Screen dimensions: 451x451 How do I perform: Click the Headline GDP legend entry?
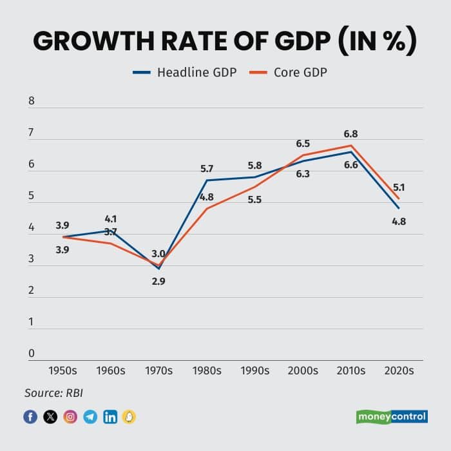click(184, 72)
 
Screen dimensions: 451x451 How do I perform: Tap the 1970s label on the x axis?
click(158, 370)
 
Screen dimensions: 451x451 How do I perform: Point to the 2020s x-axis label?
click(398, 370)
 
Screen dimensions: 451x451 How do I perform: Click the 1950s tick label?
click(62, 370)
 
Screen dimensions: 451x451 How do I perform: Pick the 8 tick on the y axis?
click(32, 101)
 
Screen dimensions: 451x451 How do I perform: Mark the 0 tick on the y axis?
click(32, 353)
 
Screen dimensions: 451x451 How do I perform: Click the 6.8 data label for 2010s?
click(351, 134)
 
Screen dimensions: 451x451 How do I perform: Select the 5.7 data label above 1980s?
click(207, 168)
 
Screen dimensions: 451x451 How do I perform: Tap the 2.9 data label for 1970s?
click(158, 281)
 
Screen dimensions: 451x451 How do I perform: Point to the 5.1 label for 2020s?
click(399, 187)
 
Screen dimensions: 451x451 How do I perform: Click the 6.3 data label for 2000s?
click(303, 173)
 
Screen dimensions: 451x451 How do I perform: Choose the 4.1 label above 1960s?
click(111, 218)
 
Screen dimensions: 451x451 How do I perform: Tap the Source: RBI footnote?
click(54, 392)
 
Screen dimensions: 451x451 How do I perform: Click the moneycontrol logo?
click(392, 416)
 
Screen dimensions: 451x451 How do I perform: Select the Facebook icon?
click(30, 417)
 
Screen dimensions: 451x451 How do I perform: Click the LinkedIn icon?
click(110, 417)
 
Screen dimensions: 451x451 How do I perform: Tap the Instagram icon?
click(70, 417)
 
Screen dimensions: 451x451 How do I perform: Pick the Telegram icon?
click(90, 417)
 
